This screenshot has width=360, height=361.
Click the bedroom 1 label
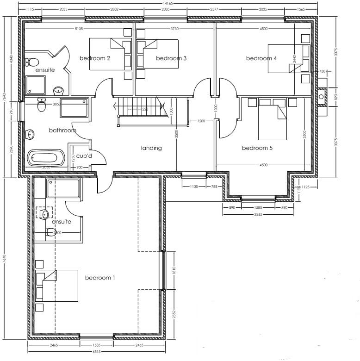point(100,278)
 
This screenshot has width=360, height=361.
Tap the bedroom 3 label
point(171,58)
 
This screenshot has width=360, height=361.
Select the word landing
point(151,148)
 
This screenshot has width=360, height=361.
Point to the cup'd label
point(84,156)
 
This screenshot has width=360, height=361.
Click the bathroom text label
point(62,131)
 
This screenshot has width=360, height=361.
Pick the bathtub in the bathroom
point(45,158)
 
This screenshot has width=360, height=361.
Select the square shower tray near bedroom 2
point(35,86)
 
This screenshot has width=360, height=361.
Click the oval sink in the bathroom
point(31,135)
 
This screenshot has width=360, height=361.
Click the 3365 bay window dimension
point(258,214)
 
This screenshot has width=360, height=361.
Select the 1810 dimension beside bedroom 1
point(174,271)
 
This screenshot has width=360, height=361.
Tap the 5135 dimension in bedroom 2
point(82,29)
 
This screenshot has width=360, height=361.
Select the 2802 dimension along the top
point(113,9)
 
